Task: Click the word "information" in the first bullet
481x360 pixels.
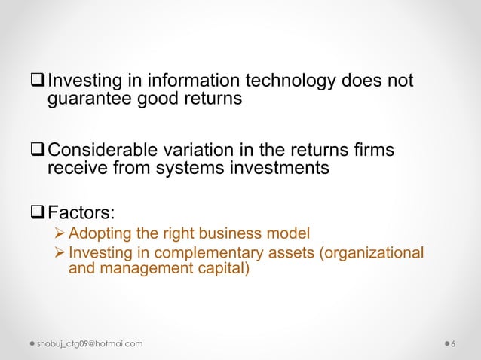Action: (x=174, y=80)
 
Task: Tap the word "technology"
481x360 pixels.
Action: (x=277, y=80)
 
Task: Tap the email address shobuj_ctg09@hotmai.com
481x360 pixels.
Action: (x=90, y=344)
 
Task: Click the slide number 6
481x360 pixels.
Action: (x=452, y=344)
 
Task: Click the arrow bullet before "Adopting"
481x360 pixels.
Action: (x=61, y=233)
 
